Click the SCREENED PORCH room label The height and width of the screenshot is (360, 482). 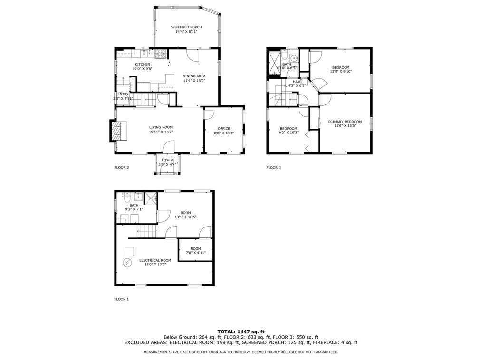(186, 27)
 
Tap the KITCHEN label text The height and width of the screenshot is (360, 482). (142, 64)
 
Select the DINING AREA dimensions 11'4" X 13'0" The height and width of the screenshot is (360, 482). (194, 81)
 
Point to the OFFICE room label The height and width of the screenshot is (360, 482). (224, 128)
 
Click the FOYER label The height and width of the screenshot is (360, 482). (167, 160)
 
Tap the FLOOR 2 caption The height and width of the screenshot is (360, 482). (122, 167)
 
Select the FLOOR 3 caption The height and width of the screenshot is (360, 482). (273, 167)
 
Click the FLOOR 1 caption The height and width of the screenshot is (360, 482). (122, 299)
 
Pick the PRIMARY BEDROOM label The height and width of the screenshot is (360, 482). (345, 122)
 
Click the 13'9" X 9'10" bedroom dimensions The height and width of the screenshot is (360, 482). (341, 72)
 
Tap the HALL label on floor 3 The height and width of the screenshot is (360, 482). (297, 81)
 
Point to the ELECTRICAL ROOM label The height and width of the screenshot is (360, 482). (155, 260)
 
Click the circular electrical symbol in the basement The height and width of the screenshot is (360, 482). (127, 263)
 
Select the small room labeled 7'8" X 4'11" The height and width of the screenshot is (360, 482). (196, 251)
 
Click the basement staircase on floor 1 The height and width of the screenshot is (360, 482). (146, 232)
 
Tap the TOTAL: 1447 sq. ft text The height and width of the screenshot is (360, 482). (241, 331)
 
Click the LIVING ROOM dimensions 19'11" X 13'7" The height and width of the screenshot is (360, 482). (161, 132)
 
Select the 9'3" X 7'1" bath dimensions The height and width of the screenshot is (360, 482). (134, 209)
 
